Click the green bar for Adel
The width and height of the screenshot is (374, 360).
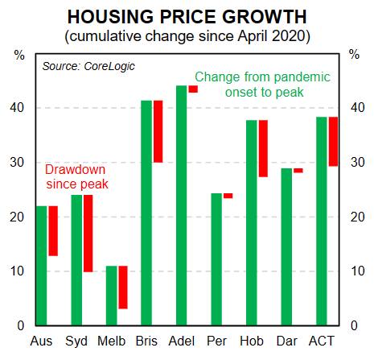coord(181,205)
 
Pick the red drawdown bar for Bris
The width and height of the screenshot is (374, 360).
coord(158,131)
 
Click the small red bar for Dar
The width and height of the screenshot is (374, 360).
coord(298,171)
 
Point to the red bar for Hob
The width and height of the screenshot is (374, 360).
coord(263,148)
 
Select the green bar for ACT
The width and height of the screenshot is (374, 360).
coord(322,221)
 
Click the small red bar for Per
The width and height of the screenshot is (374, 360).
coord(228,196)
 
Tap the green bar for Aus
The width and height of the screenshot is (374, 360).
coord(42,266)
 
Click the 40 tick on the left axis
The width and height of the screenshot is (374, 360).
coord(21,108)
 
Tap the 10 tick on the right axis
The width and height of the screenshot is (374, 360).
coord(353,271)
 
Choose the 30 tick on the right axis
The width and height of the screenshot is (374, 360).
coord(353,163)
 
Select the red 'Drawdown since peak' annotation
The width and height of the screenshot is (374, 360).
coord(76,176)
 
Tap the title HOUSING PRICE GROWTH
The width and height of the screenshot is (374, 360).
coord(187,17)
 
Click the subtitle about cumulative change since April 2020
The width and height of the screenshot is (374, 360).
coord(187,35)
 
